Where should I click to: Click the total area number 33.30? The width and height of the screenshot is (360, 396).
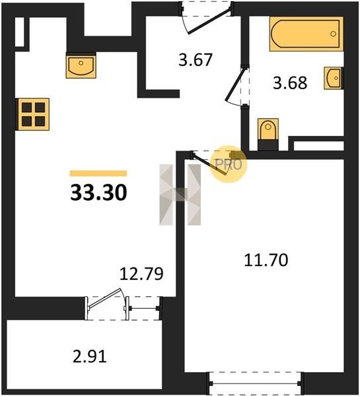[x=98, y=193]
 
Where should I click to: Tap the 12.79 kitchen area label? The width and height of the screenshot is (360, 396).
[x=141, y=274]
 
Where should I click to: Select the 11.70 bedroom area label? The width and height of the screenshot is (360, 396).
[x=266, y=260]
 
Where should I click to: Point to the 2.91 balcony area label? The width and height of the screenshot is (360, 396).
[x=90, y=356]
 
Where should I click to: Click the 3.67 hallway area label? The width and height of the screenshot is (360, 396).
[x=195, y=60]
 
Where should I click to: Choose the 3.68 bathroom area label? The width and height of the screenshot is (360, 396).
[x=290, y=82]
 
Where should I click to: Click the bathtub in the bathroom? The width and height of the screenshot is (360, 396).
[x=306, y=34]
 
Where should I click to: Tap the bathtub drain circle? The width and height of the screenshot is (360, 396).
[x=333, y=34]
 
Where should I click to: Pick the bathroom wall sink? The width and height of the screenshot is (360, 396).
[x=333, y=78]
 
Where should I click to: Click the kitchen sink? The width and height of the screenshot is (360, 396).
[x=81, y=65]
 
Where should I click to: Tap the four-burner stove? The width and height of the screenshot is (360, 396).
[x=33, y=114]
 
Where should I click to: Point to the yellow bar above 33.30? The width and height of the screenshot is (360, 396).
[x=98, y=173]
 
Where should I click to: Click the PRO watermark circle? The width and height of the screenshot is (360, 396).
[x=229, y=164]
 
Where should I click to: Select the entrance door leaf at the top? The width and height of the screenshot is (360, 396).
[x=209, y=21]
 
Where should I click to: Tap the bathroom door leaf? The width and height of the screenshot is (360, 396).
[x=235, y=84]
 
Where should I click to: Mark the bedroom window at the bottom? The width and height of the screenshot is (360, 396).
[x=255, y=383]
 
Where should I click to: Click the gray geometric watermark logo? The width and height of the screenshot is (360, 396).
[x=180, y=195]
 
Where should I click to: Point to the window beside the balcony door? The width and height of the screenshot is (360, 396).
[x=143, y=308]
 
